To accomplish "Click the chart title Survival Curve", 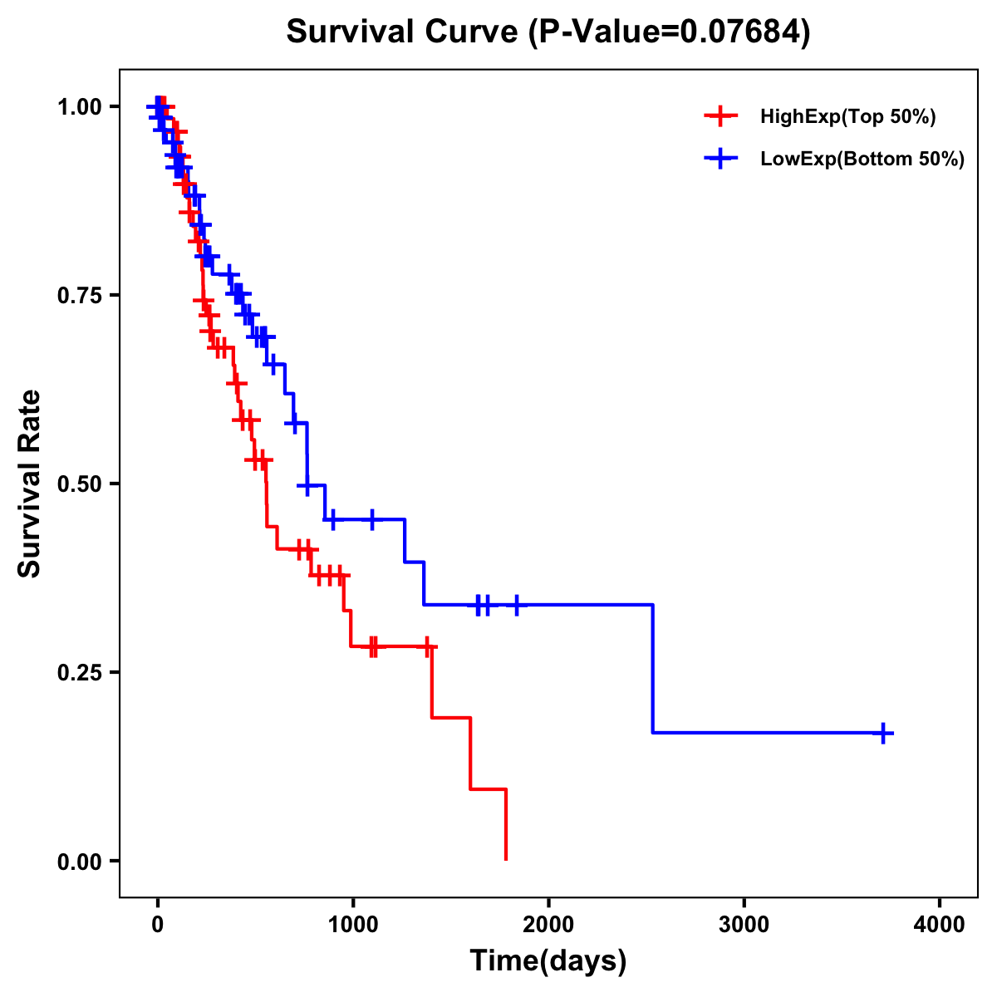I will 405,32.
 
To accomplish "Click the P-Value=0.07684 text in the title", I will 670,32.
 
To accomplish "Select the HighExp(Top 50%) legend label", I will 847,117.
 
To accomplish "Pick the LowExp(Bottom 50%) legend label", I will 862,160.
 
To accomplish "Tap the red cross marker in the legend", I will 720,117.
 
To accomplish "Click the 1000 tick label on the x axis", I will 352,925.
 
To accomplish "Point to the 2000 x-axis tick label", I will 548,925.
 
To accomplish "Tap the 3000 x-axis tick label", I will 744,925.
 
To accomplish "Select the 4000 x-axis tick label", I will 940,925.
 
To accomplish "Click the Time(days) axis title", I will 548,961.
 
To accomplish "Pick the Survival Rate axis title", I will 30,484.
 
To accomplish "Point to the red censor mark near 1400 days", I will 427,646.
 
